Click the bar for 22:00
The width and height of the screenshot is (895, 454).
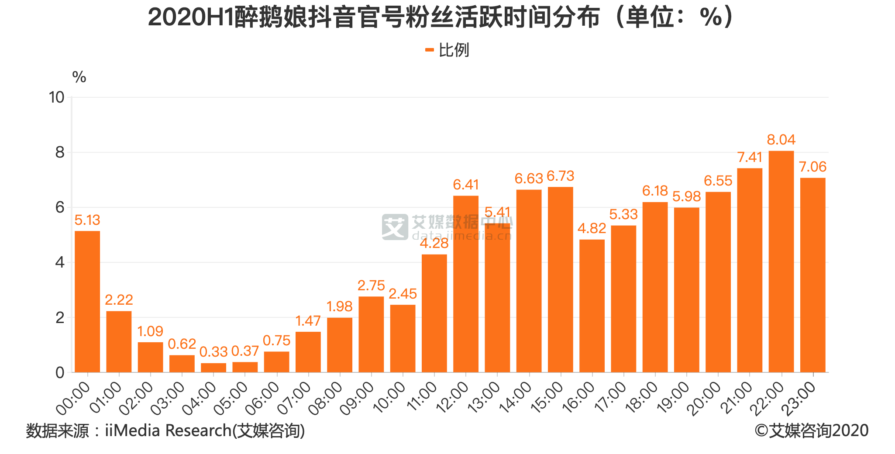coord(781,262)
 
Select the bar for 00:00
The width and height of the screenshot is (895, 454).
coord(87,301)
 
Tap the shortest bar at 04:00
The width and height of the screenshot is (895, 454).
coord(213,368)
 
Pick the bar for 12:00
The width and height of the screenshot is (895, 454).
coord(466,284)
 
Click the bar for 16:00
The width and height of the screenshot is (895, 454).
coord(592,306)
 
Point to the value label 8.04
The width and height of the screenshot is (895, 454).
coord(781,140)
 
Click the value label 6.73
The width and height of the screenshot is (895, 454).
coord(560,176)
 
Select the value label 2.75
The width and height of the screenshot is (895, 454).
coord(371,285)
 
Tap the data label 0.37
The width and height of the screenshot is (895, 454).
coord(245,351)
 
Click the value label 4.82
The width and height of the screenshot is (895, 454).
coord(592,228)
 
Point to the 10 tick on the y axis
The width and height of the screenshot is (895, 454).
coord(57,97)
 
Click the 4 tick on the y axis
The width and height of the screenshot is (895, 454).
coord(60,262)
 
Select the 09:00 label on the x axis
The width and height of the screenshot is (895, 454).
coord(357,398)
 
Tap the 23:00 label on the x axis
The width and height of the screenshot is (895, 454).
coord(799,398)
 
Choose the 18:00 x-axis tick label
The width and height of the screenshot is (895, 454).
coord(641,398)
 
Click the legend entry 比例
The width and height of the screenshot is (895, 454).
coord(447,50)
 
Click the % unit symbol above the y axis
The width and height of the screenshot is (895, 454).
coord(79,77)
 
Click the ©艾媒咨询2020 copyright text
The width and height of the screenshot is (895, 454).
coord(811,431)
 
